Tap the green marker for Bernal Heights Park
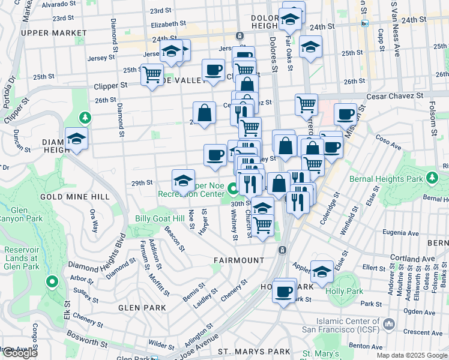click(431, 177)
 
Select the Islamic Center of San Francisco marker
click(389, 325)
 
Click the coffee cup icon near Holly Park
click(285, 292)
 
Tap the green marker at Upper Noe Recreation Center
click(233, 190)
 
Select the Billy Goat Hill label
click(159, 219)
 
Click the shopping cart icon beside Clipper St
click(152, 75)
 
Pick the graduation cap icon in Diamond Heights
click(76, 139)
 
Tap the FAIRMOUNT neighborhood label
click(239, 260)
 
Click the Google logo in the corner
click(20, 353)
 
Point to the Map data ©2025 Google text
click(412, 355)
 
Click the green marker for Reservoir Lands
click(52, 281)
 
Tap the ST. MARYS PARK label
click(254, 352)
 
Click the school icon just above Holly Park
click(322, 272)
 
